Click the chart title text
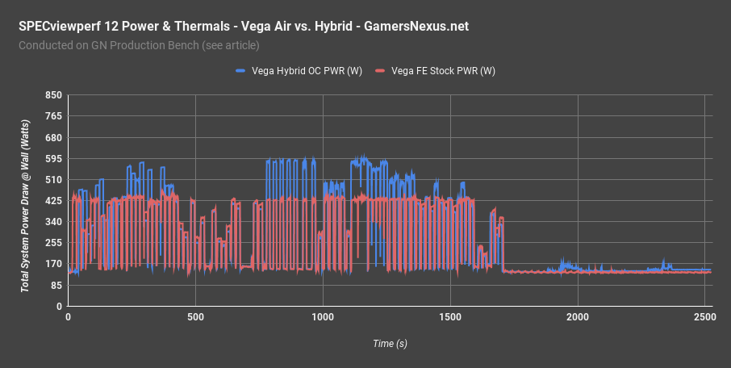[243, 27]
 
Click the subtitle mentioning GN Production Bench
[139, 45]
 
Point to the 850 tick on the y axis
[54, 95]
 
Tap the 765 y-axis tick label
[54, 116]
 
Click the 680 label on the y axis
[54, 137]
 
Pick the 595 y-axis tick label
[54, 159]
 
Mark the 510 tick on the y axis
[54, 180]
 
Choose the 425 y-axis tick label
[54, 201]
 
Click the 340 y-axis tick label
[54, 222]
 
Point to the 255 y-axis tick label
[54, 243]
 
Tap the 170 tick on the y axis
[54, 264]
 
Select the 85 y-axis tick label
[56, 286]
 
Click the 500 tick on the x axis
[195, 319]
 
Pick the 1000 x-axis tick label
[323, 319]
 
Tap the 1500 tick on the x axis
[450, 319]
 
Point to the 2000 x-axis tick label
[578, 319]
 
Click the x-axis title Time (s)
[390, 344]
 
